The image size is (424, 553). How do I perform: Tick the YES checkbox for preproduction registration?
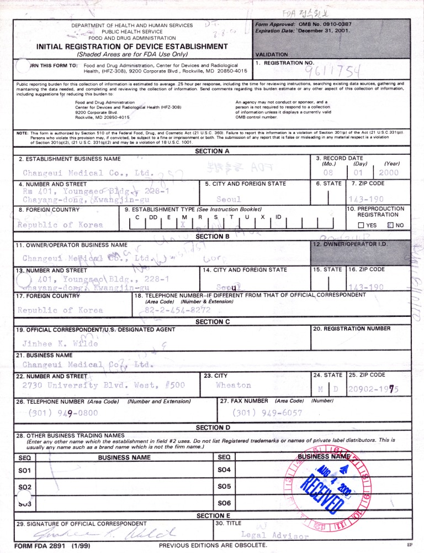362,225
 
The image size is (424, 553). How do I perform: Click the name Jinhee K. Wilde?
60,343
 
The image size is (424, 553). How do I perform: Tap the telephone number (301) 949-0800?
61,413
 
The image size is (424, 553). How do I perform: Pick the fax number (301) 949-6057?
267,413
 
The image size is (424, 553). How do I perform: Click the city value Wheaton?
233,385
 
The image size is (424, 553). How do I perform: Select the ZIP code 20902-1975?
373,389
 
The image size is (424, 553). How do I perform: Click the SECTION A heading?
212,151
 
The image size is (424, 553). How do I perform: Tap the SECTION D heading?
213,427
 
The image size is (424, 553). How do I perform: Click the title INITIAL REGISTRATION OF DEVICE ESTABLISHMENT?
132,46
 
